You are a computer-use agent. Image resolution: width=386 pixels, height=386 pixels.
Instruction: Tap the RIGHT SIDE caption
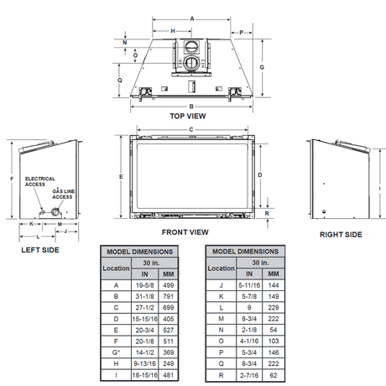pos(341,235)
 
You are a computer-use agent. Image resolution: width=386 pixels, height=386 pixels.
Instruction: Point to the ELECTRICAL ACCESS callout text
pos(40,181)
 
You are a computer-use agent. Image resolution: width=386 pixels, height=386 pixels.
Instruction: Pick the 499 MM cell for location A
pos(168,284)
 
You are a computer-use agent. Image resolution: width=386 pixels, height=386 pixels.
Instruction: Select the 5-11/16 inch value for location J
pos(249,284)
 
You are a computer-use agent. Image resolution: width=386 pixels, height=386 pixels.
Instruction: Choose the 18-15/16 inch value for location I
pos(144,378)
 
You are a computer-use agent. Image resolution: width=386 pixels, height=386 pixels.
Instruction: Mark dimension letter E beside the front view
pos(122,176)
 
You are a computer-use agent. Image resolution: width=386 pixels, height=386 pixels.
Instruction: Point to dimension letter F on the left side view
pos(7,179)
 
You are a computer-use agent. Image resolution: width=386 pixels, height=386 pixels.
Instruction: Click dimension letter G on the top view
pos(263,66)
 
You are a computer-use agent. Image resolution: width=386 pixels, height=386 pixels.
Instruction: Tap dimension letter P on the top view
pos(242,32)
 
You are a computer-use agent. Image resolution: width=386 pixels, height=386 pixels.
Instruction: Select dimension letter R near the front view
pos(266,213)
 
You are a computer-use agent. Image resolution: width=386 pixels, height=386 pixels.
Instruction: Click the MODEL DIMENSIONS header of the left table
pos(138,251)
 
